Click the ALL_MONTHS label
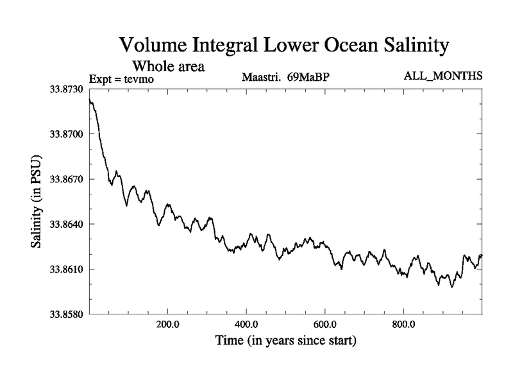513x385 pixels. pos(442,76)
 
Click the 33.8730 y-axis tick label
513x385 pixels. pos(66,89)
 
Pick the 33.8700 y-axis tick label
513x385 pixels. pos(66,134)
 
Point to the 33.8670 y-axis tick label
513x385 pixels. pos(66,179)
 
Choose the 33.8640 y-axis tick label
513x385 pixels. pos(66,224)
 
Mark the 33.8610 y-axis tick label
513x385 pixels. pos(66,269)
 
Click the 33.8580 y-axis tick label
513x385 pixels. pos(66,314)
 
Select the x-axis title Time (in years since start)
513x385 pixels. pos(285,340)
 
